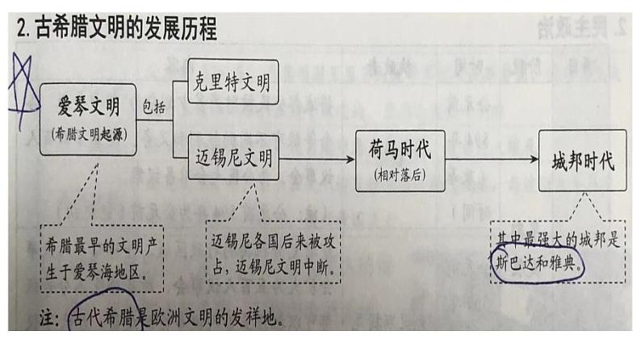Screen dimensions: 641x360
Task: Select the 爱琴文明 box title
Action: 89,107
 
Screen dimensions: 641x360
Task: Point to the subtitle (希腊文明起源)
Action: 89,133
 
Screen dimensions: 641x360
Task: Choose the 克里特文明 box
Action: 233,82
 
